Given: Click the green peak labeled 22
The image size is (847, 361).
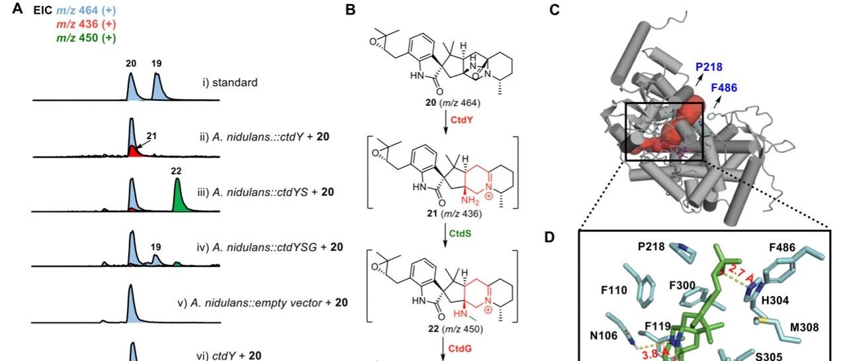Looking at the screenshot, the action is point(178,197).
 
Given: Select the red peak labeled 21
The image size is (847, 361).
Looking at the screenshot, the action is point(132,152).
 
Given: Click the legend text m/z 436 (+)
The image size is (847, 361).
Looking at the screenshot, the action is point(86,25).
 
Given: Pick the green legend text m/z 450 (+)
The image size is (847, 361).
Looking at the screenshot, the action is point(86,38).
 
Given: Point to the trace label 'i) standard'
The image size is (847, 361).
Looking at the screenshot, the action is point(230,83).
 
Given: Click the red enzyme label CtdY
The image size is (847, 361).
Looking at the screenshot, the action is point(461,120).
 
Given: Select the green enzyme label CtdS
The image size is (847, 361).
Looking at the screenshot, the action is point(460,233).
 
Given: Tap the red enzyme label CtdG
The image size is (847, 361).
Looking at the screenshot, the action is point(460,348).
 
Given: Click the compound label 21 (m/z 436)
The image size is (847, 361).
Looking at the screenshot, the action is point(454,214).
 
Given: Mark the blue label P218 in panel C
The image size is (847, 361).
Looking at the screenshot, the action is point(709,67).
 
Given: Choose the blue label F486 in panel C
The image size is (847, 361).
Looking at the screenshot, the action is point(724,88).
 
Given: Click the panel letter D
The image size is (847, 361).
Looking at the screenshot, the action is point(549,237).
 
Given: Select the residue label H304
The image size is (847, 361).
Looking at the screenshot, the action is point(775,301).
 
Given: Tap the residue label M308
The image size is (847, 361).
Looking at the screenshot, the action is point(805,327).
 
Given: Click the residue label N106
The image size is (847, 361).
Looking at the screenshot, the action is point(603,336).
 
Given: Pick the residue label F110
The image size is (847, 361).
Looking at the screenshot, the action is point(614,290).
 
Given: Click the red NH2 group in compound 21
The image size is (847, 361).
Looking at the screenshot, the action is point(470,201).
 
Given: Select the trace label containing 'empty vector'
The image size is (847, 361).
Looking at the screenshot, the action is point(263,303).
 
